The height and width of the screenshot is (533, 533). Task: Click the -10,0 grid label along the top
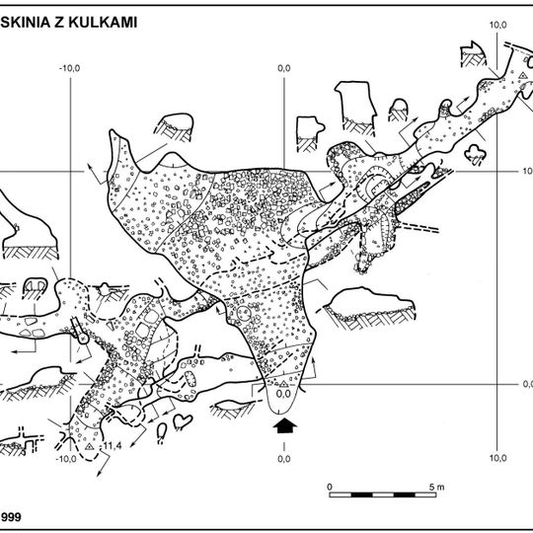pos(69,68)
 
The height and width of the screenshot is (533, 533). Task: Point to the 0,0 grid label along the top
pos(284,68)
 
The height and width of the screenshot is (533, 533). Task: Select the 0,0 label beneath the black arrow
pos(284,459)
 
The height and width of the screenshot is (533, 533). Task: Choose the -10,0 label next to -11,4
pos(67,459)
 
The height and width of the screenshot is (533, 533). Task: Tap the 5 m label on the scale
pos(438,486)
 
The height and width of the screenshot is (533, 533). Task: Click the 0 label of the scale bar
pos(331,486)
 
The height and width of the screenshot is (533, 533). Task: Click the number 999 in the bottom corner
pos(11,516)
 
